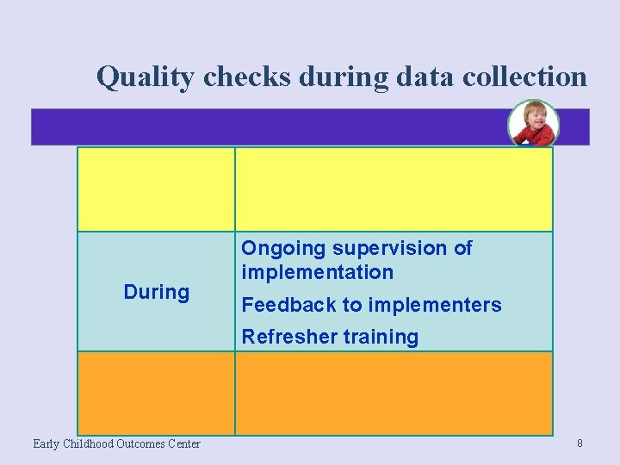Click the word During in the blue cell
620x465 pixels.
pyautogui.click(x=156, y=292)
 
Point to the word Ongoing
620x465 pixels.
pyautogui.click(x=283, y=249)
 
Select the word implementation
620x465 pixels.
pyautogui.click(x=317, y=272)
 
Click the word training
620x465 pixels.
pyautogui.click(x=378, y=338)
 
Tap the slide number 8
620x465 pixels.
pyautogui.click(x=580, y=443)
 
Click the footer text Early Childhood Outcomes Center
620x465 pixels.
pyautogui.click(x=116, y=443)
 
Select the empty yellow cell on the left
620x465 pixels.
pyautogui.click(x=156, y=189)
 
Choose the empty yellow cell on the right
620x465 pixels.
pyautogui.click(x=394, y=189)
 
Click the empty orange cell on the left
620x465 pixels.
pyautogui.click(x=156, y=393)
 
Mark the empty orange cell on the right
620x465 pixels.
pyautogui.click(x=394, y=393)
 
